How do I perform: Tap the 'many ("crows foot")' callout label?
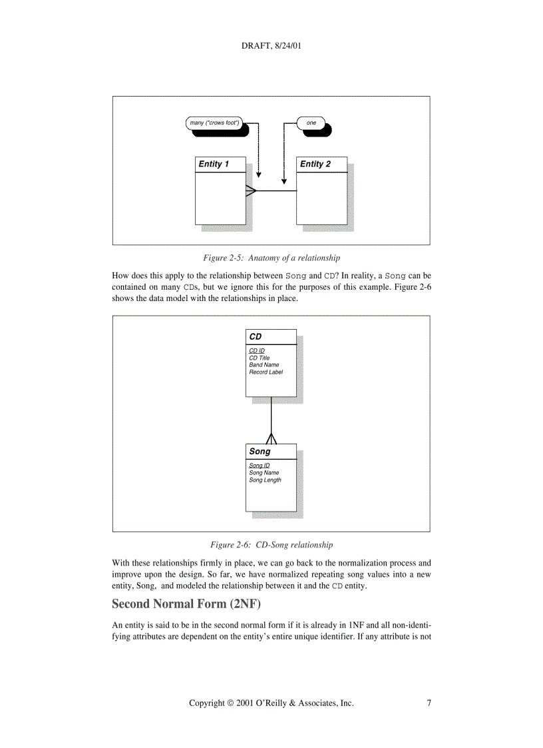(214, 123)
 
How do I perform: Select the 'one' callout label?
(311, 123)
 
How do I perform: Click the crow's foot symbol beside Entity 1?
(251, 190)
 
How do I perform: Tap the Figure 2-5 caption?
(271, 258)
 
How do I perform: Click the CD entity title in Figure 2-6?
(256, 336)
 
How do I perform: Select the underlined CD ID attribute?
(257, 351)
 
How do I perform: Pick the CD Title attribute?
(260, 358)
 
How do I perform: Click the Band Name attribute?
(264, 365)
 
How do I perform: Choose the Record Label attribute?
(266, 372)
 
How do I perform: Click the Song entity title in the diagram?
(260, 451)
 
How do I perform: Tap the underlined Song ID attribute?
(260, 466)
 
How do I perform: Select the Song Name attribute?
(264, 472)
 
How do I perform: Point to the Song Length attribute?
(266, 480)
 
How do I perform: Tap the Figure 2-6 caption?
(271, 545)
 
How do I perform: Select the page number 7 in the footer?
(429, 703)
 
